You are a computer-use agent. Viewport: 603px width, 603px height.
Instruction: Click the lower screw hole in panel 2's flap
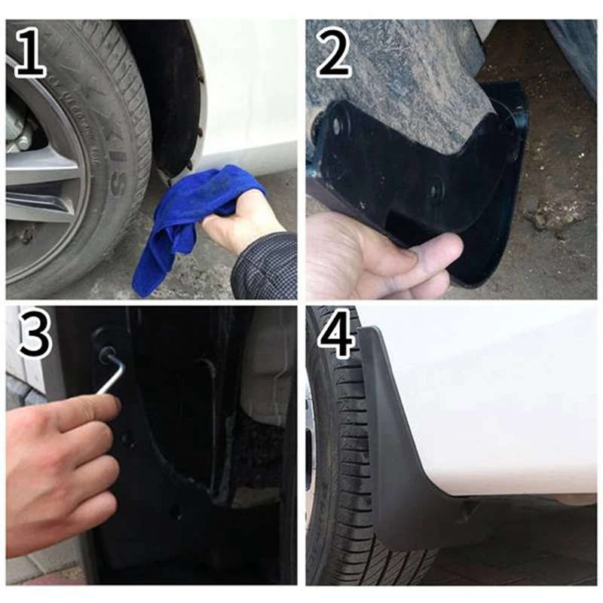pos(435,188)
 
